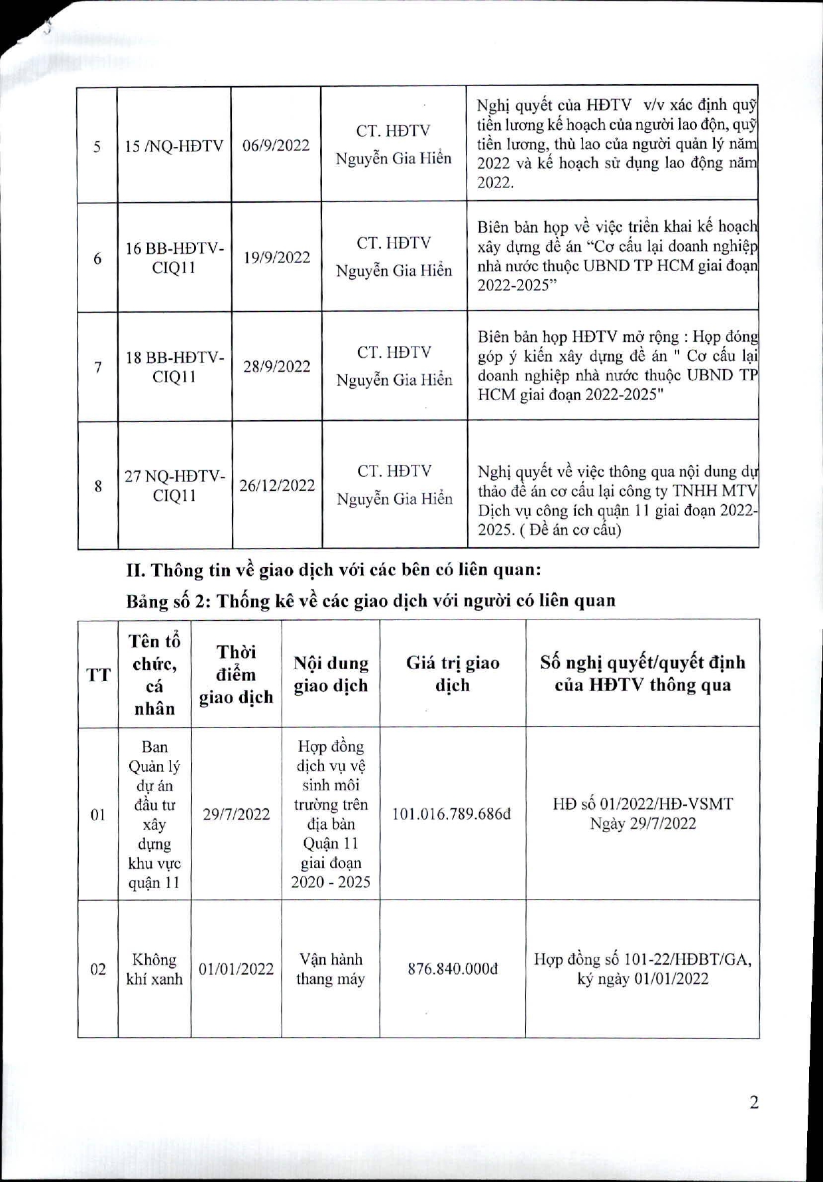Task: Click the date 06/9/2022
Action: pos(276,146)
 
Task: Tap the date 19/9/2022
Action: pos(276,258)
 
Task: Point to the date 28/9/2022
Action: pos(276,366)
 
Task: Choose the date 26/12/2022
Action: pos(277,486)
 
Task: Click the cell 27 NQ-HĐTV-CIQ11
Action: pos(175,486)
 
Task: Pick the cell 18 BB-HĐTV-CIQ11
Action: pos(175,366)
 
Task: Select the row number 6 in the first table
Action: pos(97,258)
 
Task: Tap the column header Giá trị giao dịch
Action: pos(453,674)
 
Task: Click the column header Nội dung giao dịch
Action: pos(331,674)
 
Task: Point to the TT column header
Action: pos(98,675)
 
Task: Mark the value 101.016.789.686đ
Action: pos(451,814)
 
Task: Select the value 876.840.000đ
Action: pos(453,969)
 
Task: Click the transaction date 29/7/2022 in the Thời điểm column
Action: pos(237,814)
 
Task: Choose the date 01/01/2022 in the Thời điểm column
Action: pos(236,969)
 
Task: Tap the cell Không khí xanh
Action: pos(154,969)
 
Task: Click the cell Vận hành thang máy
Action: pos(331,969)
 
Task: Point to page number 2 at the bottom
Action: pos(753,1102)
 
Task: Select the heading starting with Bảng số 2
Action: pos(370,601)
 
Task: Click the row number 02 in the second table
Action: pos(98,969)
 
